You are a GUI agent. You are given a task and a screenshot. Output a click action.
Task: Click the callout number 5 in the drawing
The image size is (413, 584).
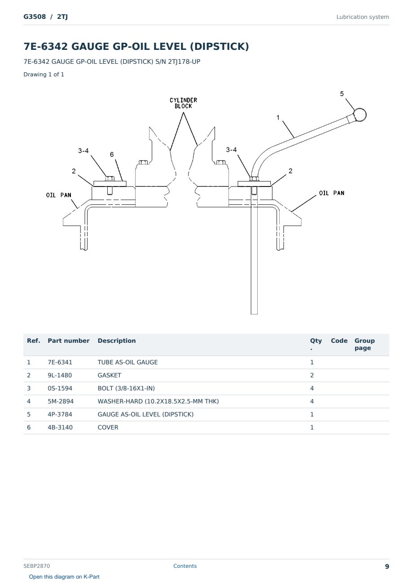pyautogui.click(x=342, y=93)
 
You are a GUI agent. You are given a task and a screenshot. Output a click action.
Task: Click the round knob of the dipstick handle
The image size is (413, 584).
pyautogui.click(x=360, y=115)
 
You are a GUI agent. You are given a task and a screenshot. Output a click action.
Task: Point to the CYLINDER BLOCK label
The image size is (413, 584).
pyautogui.click(x=183, y=103)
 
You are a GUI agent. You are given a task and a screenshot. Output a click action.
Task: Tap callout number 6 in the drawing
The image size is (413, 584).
pyautogui.click(x=111, y=155)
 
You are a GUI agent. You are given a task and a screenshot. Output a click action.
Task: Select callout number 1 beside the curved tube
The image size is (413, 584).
pyautogui.click(x=278, y=118)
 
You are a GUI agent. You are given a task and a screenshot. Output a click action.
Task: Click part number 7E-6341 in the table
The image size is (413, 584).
pyautogui.click(x=60, y=362)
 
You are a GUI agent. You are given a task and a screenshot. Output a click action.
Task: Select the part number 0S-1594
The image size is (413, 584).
pyautogui.click(x=60, y=388)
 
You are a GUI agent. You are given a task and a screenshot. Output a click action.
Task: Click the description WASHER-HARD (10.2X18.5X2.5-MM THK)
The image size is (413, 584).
pyautogui.click(x=158, y=401)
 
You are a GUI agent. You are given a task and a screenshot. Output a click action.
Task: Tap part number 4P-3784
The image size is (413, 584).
pyautogui.click(x=60, y=414)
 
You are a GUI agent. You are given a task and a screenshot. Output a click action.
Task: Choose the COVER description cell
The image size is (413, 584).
pyautogui.click(x=108, y=427)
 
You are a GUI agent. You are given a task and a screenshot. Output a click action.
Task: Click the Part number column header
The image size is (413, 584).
pyautogui.click(x=69, y=341)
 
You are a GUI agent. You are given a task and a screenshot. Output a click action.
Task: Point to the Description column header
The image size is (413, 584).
pyautogui.click(x=116, y=341)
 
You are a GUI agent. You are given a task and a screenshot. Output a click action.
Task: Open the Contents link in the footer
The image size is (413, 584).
pyautogui.click(x=185, y=566)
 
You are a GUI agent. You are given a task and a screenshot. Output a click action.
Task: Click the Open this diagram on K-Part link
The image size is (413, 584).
pyautogui.click(x=64, y=576)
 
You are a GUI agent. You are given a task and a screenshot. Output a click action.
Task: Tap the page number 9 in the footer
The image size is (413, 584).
pyautogui.click(x=387, y=566)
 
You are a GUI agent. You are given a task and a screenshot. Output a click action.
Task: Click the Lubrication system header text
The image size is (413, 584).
pyautogui.click(x=362, y=17)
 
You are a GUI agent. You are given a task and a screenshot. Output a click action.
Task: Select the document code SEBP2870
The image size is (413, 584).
pyautogui.click(x=36, y=566)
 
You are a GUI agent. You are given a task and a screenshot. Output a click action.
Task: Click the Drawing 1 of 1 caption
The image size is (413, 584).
pyautogui.click(x=44, y=74)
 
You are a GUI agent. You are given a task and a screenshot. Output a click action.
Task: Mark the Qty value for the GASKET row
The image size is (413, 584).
pyautogui.click(x=312, y=375)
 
